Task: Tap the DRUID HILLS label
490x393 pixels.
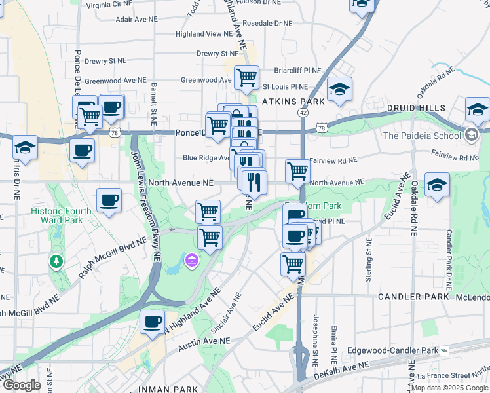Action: coord(416,108)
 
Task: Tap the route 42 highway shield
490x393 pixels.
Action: coord(303,113)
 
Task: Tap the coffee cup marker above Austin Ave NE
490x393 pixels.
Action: coord(152,322)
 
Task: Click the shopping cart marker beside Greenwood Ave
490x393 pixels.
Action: coord(246,77)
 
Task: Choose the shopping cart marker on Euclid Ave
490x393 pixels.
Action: coord(293,264)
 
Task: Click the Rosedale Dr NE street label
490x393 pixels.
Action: coord(267,23)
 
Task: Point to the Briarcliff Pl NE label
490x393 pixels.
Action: coord(297,70)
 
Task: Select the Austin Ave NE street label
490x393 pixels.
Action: coord(204,341)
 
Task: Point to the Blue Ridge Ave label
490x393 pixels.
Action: coord(207,157)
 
